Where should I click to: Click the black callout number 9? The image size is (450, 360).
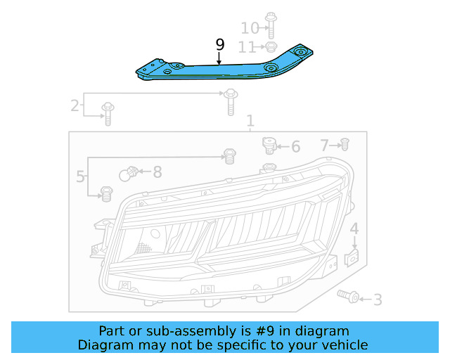pos(220,45)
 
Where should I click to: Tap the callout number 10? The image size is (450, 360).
pos(250,28)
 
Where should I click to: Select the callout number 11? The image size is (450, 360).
pos(247,47)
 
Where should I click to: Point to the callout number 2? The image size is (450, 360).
pos(75,105)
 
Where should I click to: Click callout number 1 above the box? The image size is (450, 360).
pos(250,120)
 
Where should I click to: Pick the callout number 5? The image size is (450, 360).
pos(80,176)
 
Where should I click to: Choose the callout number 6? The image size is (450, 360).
pos(296,147)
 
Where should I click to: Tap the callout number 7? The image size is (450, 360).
pos(324,146)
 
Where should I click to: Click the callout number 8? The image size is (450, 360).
pos(157,172)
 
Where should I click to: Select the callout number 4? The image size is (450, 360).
pos(354,229)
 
